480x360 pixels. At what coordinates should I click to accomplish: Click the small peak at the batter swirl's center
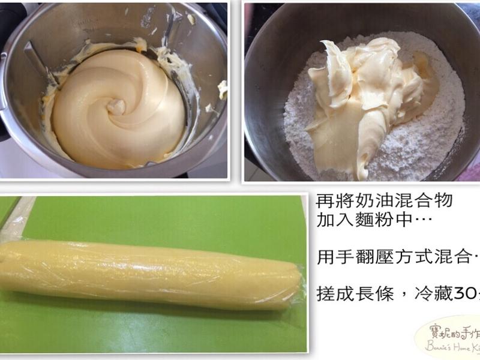point(116,107)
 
